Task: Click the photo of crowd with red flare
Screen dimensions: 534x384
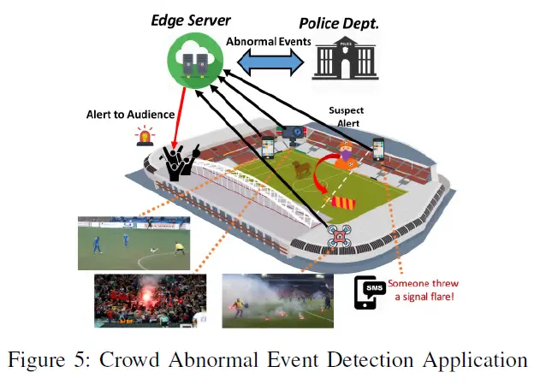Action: click(x=150, y=300)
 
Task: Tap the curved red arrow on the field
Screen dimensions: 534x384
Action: click(x=320, y=182)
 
